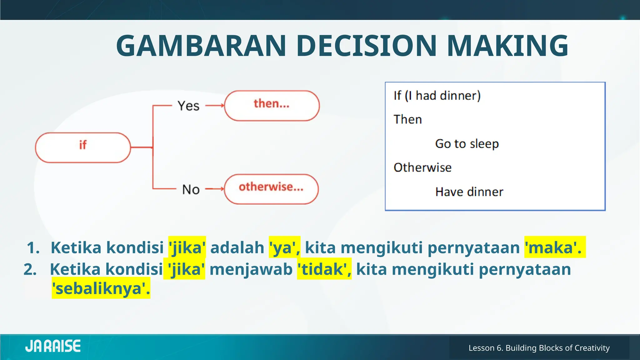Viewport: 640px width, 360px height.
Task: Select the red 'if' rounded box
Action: pos(83,147)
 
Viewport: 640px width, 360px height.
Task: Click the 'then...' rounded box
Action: pos(272,106)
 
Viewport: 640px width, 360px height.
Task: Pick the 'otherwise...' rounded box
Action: pos(271,189)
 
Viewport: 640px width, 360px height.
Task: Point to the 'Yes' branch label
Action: pos(188,106)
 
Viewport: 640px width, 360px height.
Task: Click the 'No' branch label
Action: pos(191,189)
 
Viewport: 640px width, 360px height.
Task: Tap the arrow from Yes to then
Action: pos(215,106)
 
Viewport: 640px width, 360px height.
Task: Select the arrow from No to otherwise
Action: pos(215,189)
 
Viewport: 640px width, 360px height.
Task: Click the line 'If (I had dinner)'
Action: pos(437,96)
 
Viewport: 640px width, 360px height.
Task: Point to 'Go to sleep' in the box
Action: pos(467,144)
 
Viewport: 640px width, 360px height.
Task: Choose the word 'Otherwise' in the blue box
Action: pos(422,168)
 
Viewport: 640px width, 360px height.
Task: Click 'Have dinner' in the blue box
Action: pos(469,192)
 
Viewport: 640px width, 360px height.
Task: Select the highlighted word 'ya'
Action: pos(284,247)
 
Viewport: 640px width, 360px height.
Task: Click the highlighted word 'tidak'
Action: pos(323,269)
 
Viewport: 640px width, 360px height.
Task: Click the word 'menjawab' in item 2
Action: pos(251,269)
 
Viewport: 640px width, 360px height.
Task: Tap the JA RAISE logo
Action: pos(53,346)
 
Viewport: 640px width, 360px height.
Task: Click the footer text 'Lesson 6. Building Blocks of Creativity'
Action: pos(539,348)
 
